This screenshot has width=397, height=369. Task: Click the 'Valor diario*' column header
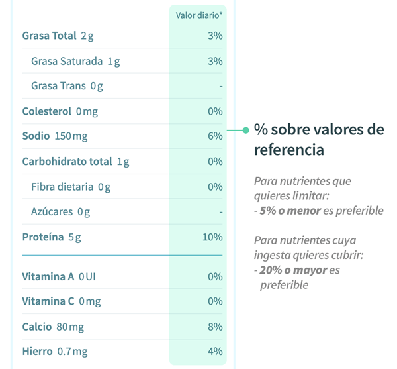point(198,15)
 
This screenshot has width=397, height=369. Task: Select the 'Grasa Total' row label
point(50,36)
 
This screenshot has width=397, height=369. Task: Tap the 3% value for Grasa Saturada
point(214,61)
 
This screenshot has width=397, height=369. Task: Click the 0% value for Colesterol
point(214,111)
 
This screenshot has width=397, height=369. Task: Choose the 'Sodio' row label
point(36,136)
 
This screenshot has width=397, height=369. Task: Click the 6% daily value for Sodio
point(214,136)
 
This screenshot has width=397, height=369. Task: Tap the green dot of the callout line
point(246,130)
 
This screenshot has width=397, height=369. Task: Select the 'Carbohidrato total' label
point(67,162)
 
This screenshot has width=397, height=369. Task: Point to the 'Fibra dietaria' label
point(62,187)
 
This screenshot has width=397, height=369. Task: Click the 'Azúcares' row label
point(52,212)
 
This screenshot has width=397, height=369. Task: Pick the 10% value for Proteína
point(212,237)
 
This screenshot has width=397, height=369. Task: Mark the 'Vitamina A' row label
point(48,276)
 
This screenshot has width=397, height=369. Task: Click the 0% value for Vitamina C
point(214,301)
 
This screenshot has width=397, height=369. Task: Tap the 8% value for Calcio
point(214,327)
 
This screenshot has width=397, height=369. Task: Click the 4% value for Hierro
point(214,352)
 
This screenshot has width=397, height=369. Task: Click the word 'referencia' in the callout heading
point(289,150)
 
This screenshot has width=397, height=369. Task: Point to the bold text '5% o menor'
point(289,211)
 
